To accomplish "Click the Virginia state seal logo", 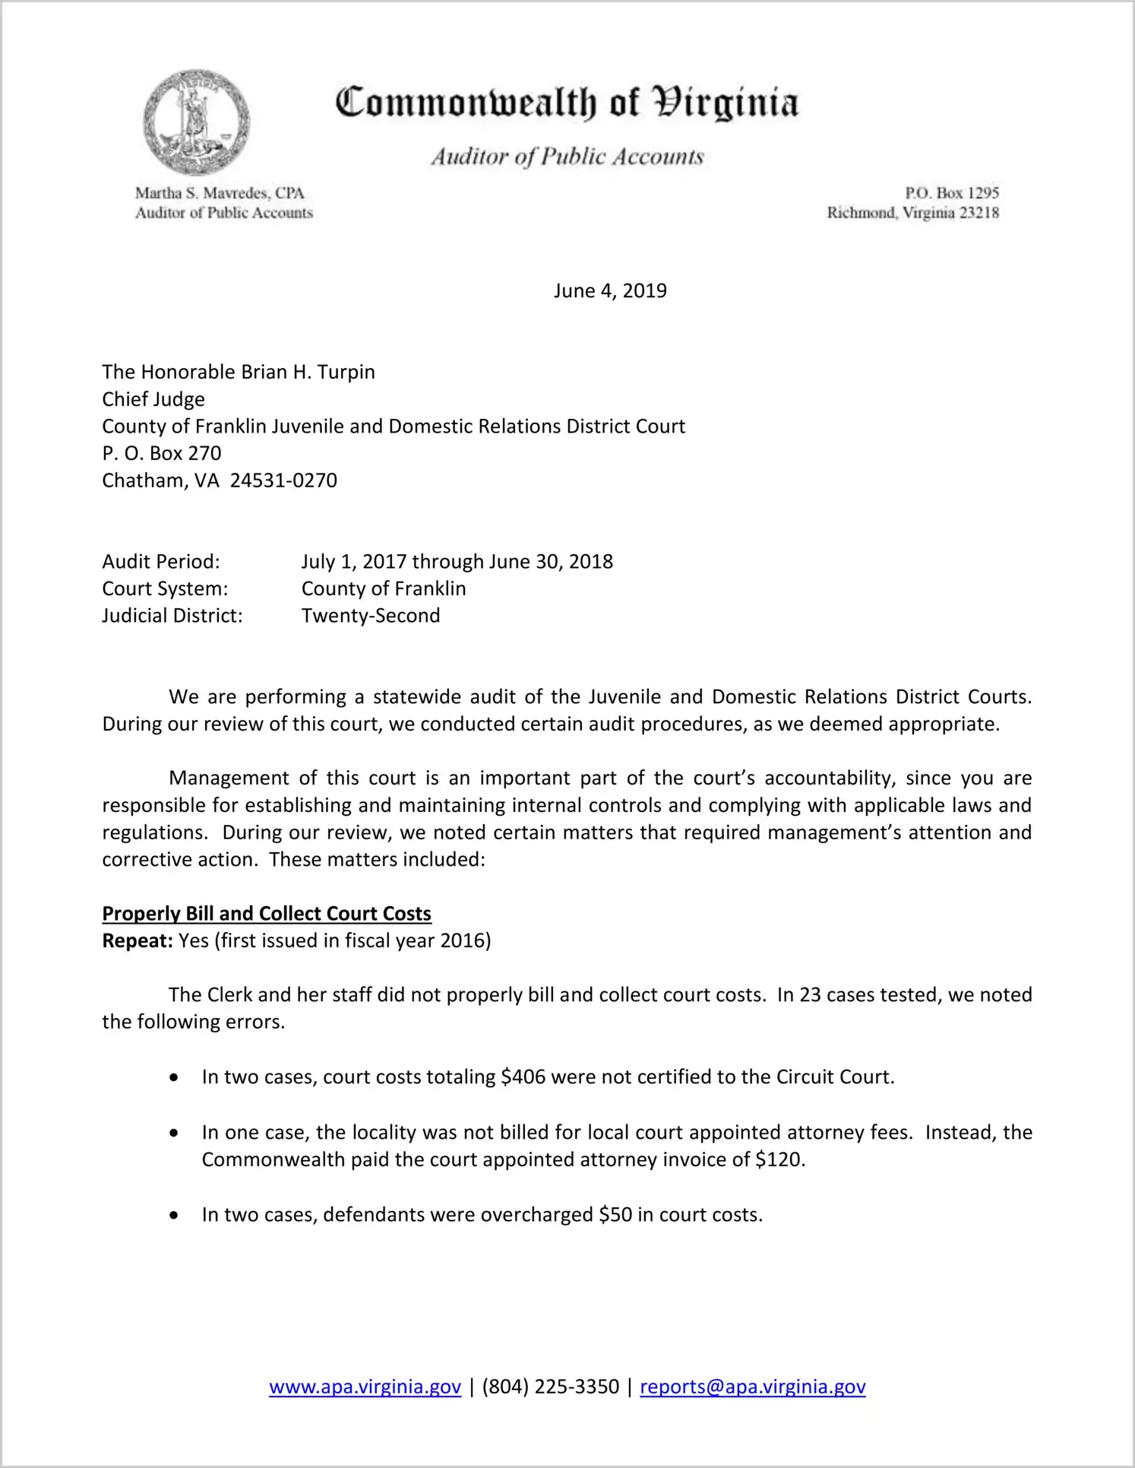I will click(196, 122).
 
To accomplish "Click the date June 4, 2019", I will click(610, 291).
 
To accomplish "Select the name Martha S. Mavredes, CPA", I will click(220, 193).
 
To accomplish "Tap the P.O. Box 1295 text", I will click(951, 193).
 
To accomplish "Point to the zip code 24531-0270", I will click(283, 480).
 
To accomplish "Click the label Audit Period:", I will click(161, 562).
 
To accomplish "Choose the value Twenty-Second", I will click(371, 616).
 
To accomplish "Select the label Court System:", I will click(165, 589).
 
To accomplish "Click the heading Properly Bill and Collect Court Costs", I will click(267, 914).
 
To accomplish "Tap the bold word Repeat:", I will click(138, 941).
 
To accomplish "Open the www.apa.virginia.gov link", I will click(365, 1387).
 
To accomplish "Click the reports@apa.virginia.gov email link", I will click(752, 1387).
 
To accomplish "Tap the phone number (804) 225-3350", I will click(550, 1387).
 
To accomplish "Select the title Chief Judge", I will click(153, 400).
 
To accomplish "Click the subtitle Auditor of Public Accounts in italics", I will click(567, 157).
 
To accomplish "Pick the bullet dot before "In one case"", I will click(175, 1133).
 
